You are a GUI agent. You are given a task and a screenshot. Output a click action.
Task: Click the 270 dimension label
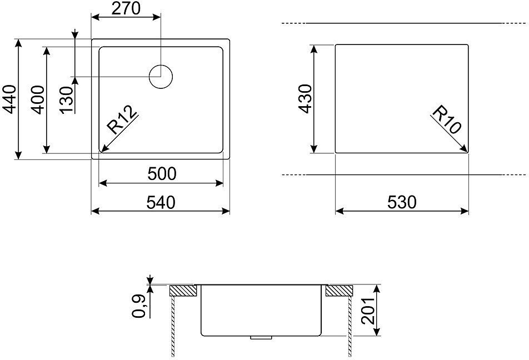tap(125, 8)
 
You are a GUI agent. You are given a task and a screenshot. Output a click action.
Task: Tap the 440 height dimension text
tap(9, 99)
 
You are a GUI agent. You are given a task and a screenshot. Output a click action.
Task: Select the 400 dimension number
tap(37, 100)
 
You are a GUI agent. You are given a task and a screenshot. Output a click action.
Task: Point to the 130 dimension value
tap(67, 100)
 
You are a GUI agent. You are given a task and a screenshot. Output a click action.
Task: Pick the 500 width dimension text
tap(162, 174)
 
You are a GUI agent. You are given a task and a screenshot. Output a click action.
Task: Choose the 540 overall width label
tap(161, 202)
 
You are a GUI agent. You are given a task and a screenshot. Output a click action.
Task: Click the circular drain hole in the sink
tap(161, 77)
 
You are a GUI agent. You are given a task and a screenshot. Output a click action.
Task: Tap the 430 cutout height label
tap(306, 98)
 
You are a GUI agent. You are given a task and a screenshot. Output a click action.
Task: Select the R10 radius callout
tap(446, 119)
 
